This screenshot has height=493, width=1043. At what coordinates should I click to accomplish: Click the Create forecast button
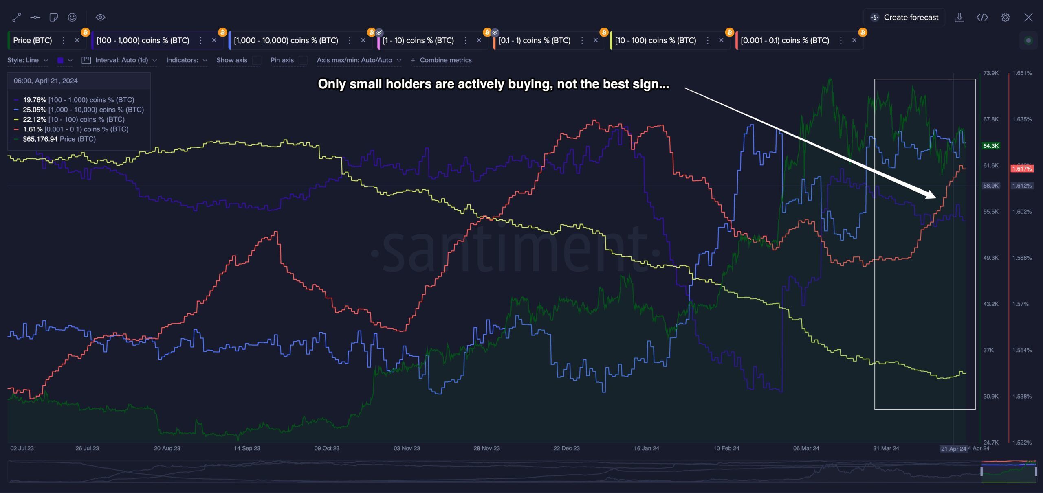904,18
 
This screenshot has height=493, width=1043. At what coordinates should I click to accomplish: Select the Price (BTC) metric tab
33,40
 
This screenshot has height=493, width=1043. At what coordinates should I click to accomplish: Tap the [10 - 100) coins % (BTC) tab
656,40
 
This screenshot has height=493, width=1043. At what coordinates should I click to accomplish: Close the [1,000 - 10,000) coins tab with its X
363,40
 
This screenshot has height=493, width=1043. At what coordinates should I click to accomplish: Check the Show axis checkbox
256,60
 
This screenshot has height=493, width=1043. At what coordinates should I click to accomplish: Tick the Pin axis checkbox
303,60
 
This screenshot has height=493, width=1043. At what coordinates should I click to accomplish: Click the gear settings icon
1005,18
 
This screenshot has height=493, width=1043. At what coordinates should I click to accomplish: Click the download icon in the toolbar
959,18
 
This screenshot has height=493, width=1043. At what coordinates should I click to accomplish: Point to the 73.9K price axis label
991,73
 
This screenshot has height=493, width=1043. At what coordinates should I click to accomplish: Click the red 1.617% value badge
1022,169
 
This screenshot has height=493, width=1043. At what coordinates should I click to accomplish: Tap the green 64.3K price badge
991,146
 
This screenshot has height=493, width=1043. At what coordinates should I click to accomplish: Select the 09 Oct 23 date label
327,448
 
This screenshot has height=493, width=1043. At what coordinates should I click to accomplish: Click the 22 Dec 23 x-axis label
566,448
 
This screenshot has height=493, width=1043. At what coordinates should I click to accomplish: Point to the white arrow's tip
936,198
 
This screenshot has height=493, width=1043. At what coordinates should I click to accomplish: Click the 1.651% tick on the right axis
1022,73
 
